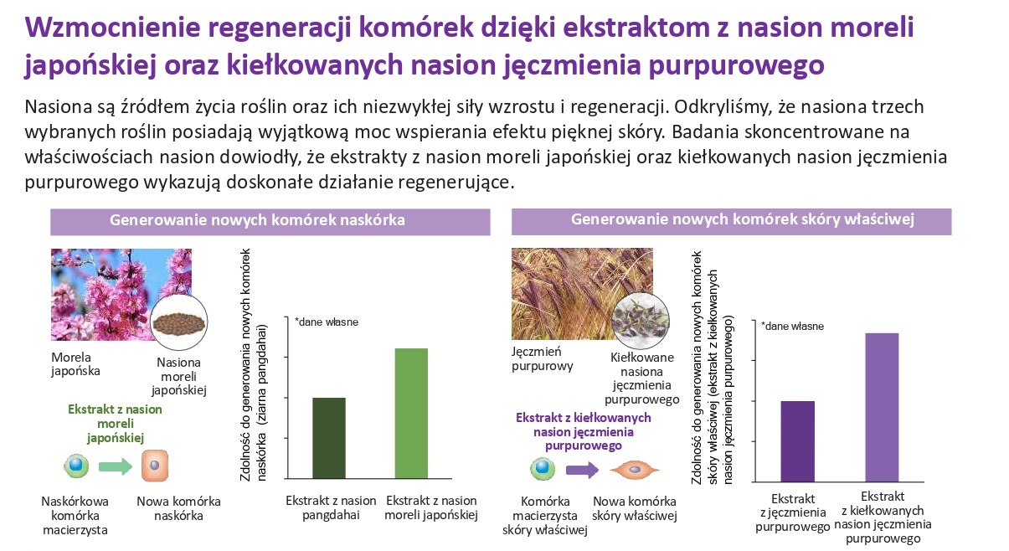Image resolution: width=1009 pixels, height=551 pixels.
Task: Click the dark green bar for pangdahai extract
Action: [329, 438]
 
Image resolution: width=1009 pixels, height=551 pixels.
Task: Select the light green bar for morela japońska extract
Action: [411, 413]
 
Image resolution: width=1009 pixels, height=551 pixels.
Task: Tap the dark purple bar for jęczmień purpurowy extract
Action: [798, 441]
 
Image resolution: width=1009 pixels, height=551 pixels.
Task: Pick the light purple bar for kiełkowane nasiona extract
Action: [882, 408]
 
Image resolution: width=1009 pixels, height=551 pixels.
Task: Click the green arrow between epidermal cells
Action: [116, 466]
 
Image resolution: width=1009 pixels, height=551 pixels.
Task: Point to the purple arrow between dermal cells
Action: [583, 470]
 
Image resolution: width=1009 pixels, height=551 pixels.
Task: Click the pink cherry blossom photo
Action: [121, 294]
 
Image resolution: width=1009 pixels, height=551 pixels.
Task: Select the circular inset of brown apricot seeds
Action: [179, 322]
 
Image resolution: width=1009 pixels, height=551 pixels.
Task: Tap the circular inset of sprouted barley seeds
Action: [641, 321]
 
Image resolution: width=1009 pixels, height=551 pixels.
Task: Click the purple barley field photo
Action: [581, 293]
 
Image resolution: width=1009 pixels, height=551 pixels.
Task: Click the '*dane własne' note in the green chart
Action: [327, 322]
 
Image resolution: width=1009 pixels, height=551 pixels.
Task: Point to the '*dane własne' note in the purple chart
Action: [792, 327]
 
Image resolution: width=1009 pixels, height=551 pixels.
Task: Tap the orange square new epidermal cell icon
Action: [155, 466]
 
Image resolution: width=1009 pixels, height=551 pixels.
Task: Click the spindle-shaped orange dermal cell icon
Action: [635, 470]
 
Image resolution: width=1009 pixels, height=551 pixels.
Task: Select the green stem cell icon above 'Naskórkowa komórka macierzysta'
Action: [76, 466]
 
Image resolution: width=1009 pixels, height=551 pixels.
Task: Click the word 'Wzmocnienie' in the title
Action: [112, 27]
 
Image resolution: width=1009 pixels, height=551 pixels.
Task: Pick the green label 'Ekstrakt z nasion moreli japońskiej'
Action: [115, 424]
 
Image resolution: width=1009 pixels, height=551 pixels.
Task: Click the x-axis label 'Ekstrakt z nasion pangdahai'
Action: [331, 507]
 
